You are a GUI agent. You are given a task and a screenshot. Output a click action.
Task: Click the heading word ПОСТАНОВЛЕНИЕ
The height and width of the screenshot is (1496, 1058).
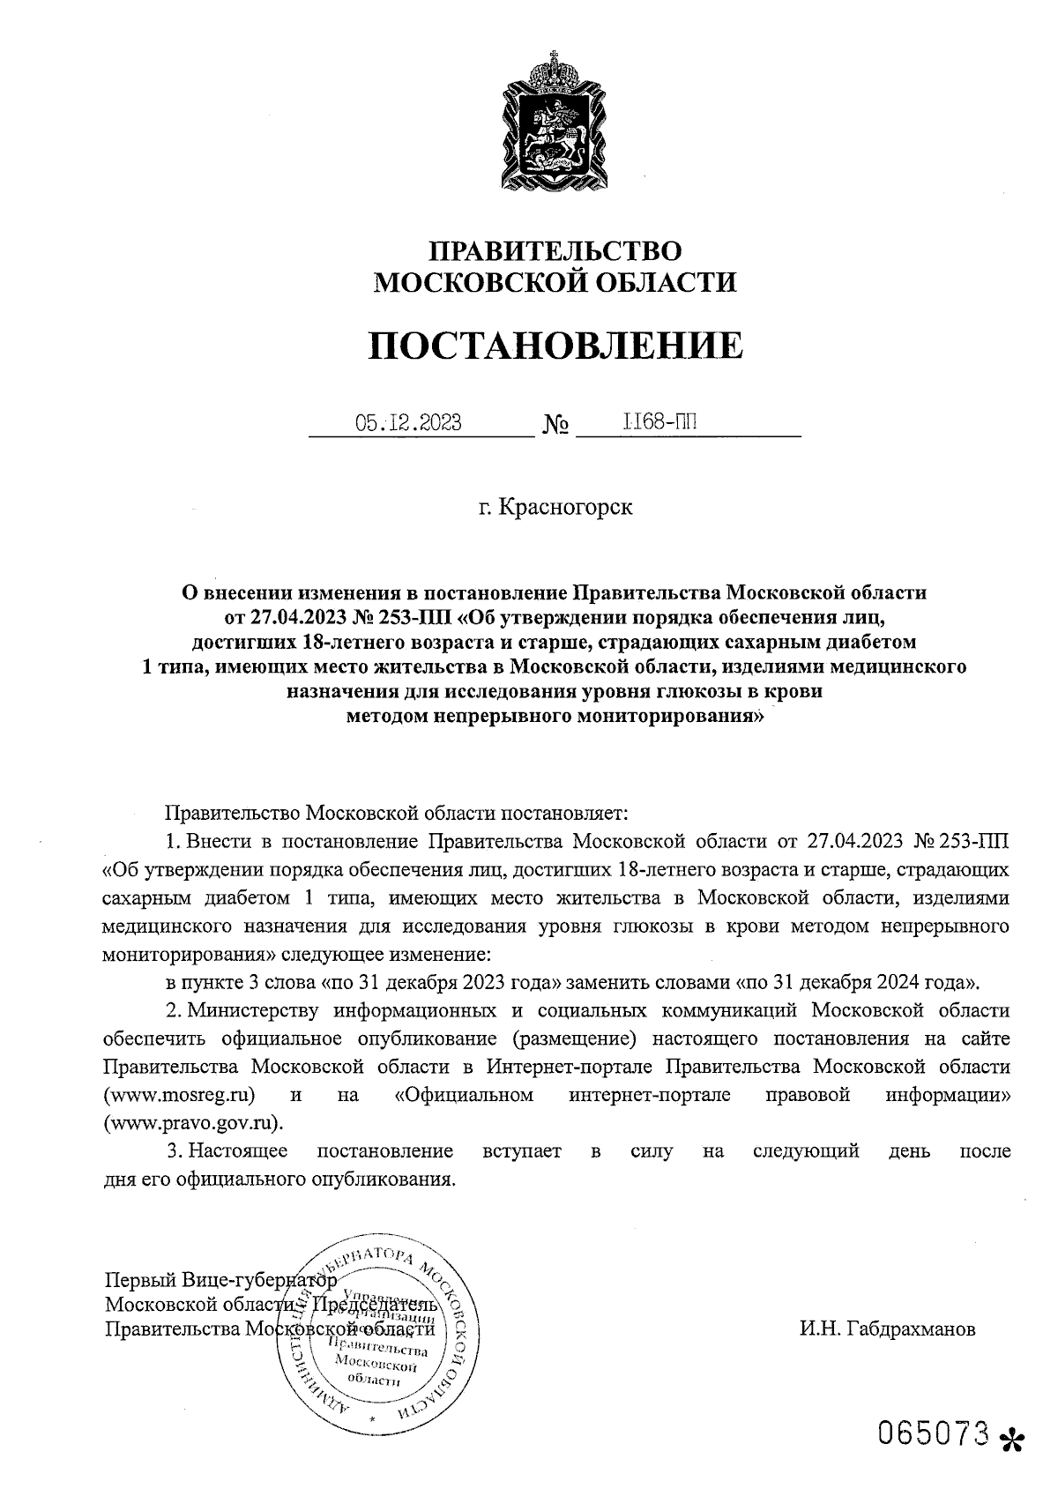pyautogui.click(x=555, y=346)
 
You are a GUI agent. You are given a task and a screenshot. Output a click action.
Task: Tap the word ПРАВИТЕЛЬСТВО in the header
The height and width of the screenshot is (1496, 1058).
pyautogui.click(x=555, y=251)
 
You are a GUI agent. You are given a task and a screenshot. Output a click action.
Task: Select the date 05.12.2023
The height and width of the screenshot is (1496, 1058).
pyautogui.click(x=408, y=423)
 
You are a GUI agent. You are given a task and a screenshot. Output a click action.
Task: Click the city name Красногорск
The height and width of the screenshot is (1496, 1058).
pyautogui.click(x=566, y=509)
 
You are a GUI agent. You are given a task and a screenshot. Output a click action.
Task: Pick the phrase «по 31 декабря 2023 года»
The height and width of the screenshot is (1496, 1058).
pyautogui.click(x=444, y=981)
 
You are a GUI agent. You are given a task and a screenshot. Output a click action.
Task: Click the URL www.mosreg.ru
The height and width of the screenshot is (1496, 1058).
pyautogui.click(x=180, y=1095)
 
